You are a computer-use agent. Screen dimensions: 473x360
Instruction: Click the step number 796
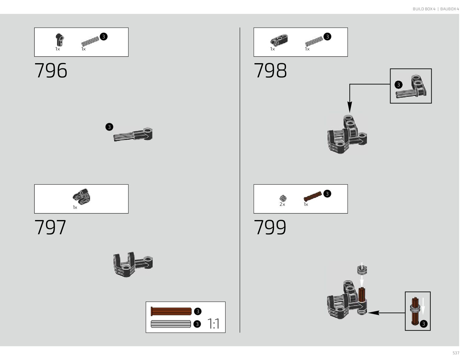click(51, 71)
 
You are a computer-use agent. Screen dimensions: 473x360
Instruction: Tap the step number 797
click(50, 227)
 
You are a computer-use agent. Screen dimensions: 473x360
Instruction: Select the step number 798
click(270, 71)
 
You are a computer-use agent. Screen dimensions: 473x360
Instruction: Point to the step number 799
click(270, 227)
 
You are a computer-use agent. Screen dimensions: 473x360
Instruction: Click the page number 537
click(456, 353)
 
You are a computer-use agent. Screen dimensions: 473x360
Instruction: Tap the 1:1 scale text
click(214, 324)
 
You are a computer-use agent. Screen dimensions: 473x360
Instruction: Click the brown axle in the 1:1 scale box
click(171, 311)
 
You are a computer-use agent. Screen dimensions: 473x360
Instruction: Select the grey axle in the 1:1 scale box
click(171, 324)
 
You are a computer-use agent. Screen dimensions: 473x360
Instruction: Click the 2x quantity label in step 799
click(282, 204)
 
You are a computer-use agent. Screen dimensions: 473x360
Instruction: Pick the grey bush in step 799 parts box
click(283, 198)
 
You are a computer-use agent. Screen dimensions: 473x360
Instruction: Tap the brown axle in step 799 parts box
click(313, 196)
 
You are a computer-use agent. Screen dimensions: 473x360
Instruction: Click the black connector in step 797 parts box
click(82, 196)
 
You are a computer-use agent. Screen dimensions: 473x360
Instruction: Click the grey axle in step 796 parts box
click(90, 41)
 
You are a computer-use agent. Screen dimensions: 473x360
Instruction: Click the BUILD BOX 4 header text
click(424, 9)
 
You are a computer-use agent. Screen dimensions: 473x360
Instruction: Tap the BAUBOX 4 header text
click(449, 9)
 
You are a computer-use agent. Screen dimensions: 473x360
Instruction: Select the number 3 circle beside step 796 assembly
click(109, 127)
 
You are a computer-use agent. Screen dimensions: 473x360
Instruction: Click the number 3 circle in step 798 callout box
click(399, 85)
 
